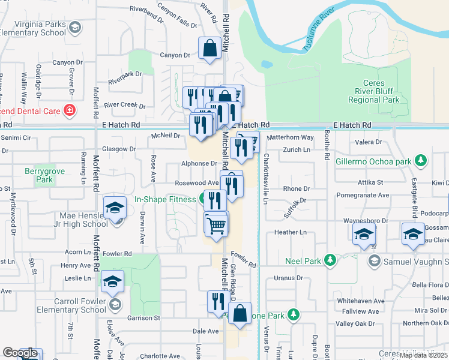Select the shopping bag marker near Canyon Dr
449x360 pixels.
click(x=209, y=49)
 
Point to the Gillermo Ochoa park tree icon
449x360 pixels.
click(x=422, y=161)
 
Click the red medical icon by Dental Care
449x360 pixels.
click(x=70, y=110)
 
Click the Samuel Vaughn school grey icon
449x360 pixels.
click(x=374, y=260)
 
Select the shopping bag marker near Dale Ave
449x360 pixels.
click(x=240, y=314)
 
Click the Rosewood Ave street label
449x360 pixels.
click(x=196, y=183)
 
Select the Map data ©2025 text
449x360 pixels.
click(x=423, y=355)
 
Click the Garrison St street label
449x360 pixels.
click(x=143, y=318)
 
